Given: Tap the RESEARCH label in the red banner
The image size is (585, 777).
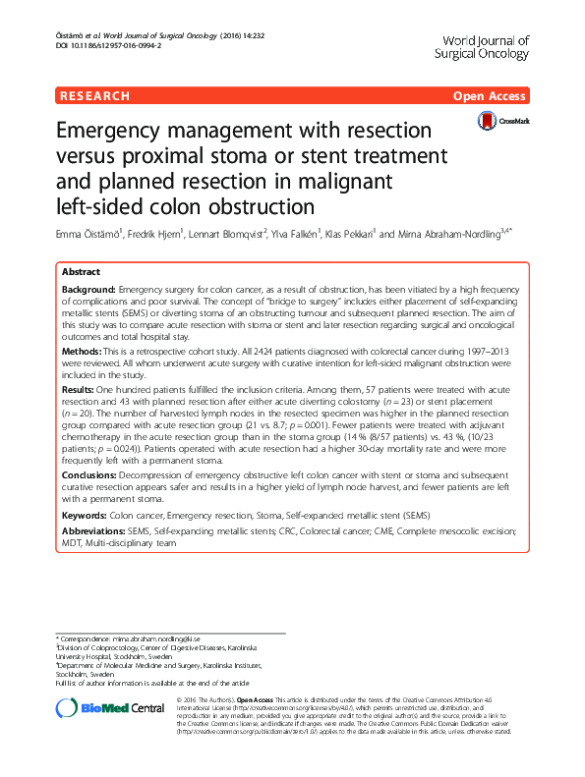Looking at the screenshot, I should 94,96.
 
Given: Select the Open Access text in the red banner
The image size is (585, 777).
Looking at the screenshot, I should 492,96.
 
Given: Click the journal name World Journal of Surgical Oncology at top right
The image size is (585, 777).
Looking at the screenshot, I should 481,47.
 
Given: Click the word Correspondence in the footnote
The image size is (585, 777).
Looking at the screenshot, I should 88,638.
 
